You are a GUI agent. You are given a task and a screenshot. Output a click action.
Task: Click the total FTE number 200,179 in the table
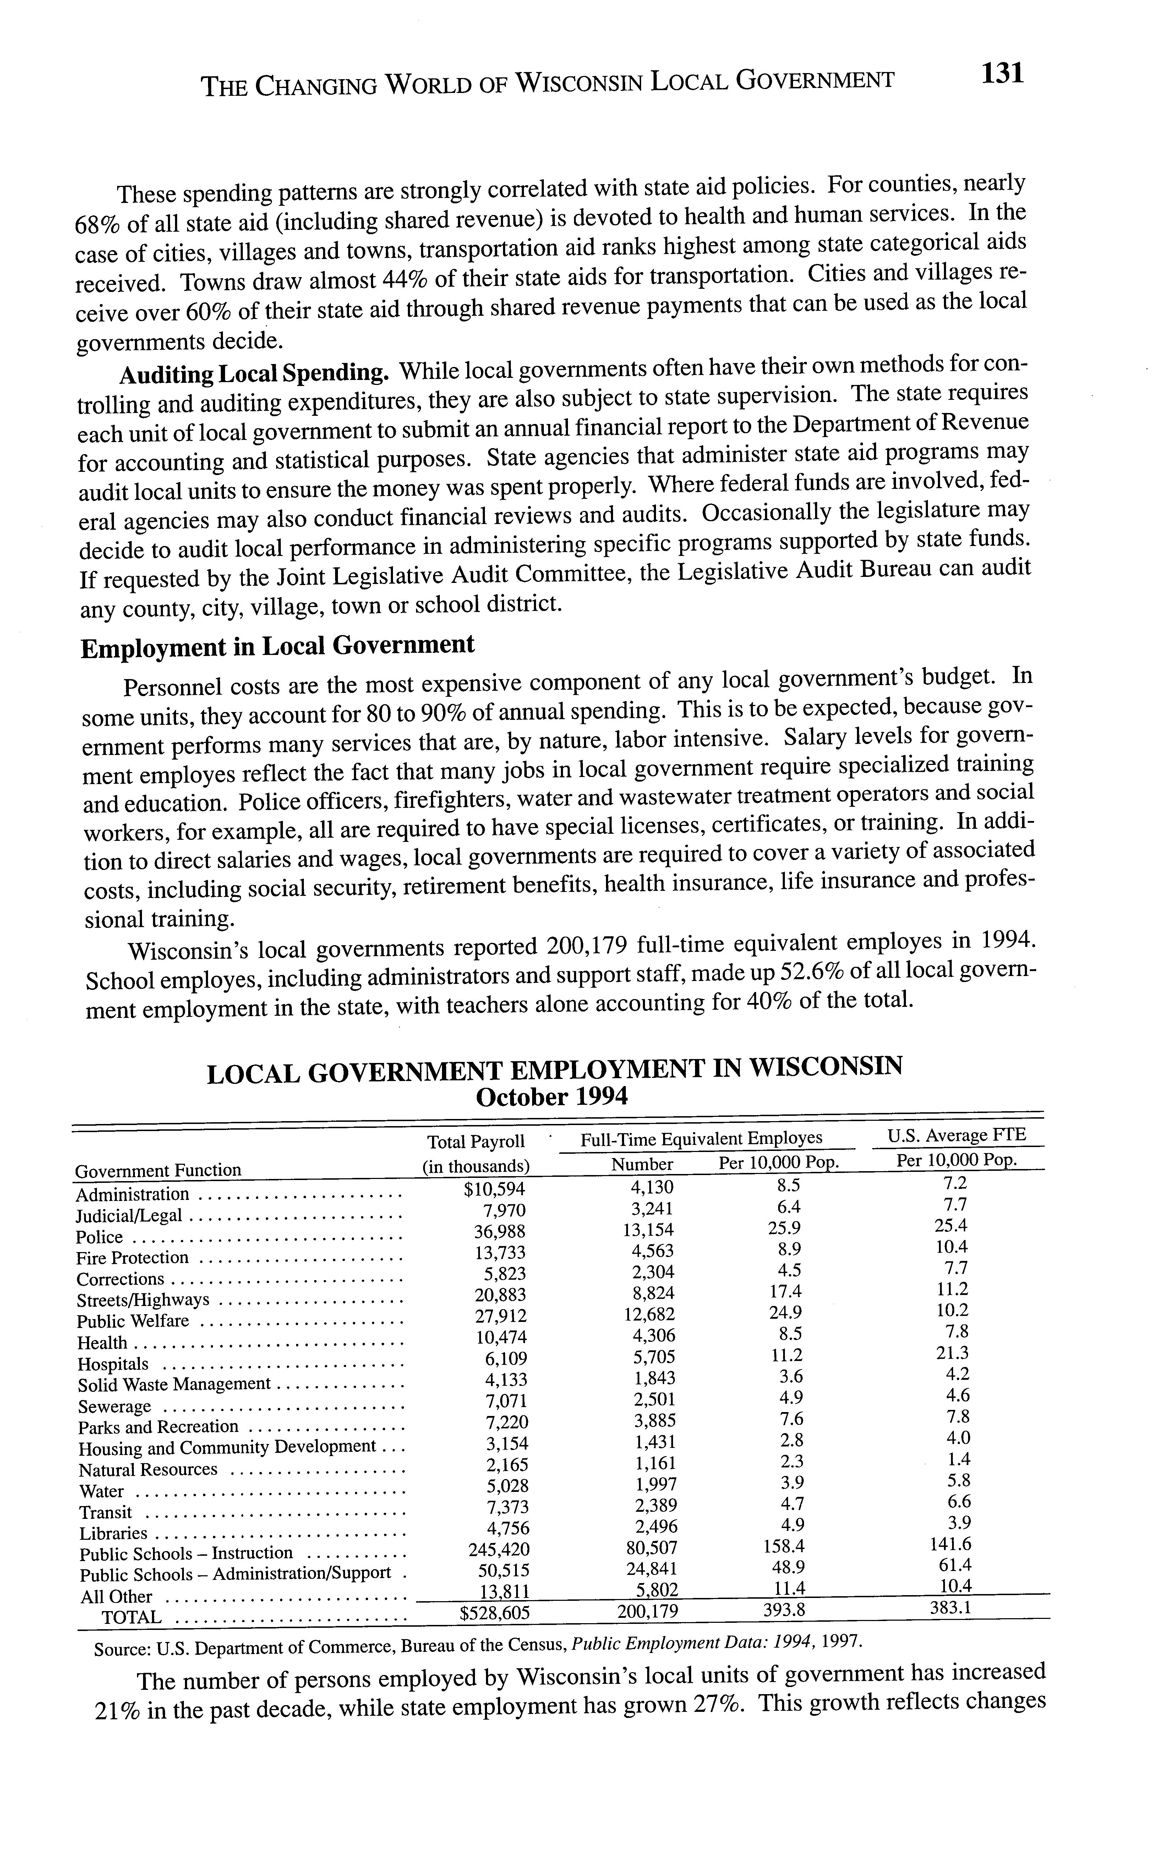(x=647, y=1611)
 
